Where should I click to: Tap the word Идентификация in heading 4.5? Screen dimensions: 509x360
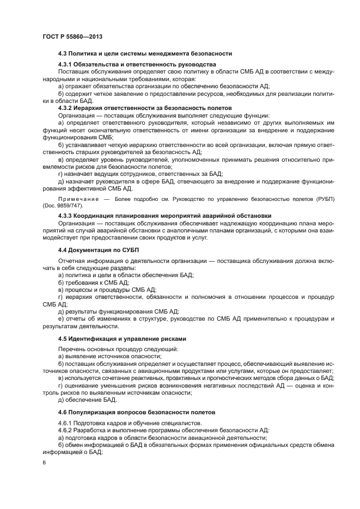95,338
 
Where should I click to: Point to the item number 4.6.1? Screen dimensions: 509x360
65,423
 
